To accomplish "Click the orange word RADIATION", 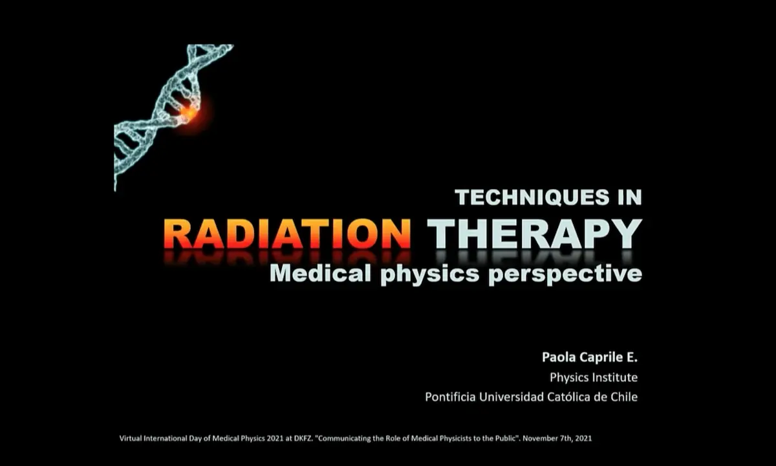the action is point(287,234).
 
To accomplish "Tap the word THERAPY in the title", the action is point(535,234).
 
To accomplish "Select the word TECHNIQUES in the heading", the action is point(532,197).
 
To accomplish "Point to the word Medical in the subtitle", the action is point(321,274).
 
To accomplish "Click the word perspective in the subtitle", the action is point(565,275).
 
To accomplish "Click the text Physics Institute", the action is point(594,377).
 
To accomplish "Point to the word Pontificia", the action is point(450,397).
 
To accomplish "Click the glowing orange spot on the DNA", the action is point(189,112).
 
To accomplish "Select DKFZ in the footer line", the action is point(303,438).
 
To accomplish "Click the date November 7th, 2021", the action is point(557,439).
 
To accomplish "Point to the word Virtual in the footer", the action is point(131,438).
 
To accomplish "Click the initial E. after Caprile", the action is point(632,357).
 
